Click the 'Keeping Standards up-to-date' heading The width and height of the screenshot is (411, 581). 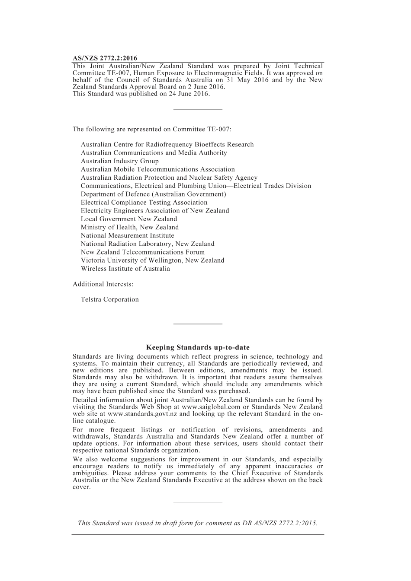(x=198, y=347)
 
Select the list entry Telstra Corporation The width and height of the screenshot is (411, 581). (x=109, y=299)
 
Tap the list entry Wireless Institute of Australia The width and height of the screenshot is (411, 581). (x=125, y=269)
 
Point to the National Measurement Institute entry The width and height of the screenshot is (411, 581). (x=127, y=235)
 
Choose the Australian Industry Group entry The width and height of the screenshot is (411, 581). (x=119, y=161)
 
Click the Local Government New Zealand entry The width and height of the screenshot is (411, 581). (x=128, y=219)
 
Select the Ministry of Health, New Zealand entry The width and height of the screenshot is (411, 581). (x=129, y=227)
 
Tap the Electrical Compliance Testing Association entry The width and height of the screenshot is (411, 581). (x=144, y=203)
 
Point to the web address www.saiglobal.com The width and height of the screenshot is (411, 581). (x=211, y=407)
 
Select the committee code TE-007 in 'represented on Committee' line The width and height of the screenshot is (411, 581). (x=218, y=129)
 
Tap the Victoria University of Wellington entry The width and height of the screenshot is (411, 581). (x=152, y=260)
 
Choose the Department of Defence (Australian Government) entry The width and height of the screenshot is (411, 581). (x=153, y=194)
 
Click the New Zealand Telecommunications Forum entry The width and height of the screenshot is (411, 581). (x=142, y=252)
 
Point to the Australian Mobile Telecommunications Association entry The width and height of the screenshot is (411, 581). (x=157, y=169)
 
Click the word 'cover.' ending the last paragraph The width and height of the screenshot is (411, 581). (x=81, y=487)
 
